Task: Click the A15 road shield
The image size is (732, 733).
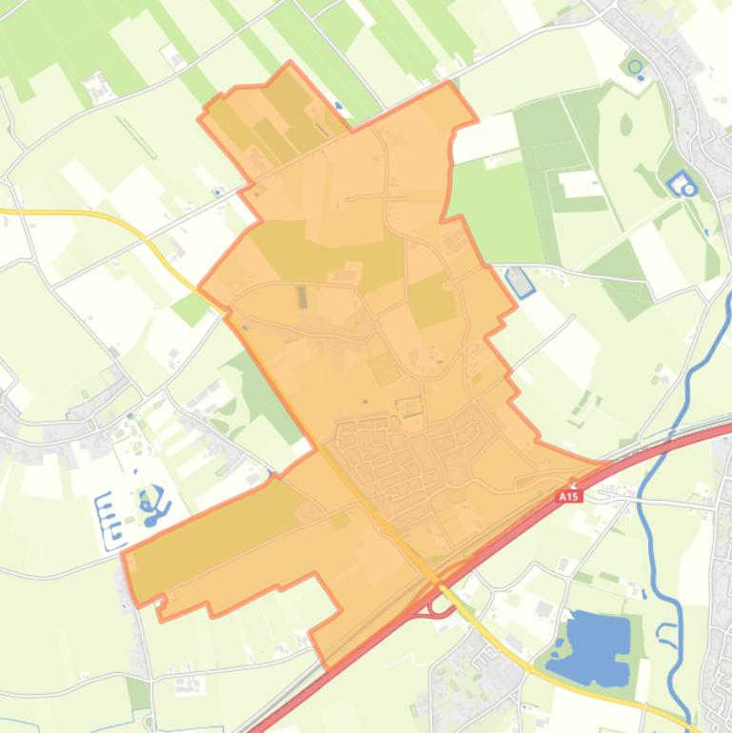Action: coord(568,496)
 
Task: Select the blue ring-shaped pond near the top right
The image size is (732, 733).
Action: coord(635,67)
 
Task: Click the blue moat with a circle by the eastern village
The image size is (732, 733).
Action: coord(683,184)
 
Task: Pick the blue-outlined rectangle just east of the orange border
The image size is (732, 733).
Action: coord(520,281)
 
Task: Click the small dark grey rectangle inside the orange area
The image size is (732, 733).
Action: coord(304,297)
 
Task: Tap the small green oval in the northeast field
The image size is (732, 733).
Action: coord(625,124)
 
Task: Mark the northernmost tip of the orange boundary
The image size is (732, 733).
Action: coord(290,64)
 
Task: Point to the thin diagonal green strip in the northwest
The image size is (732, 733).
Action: coord(138,137)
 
